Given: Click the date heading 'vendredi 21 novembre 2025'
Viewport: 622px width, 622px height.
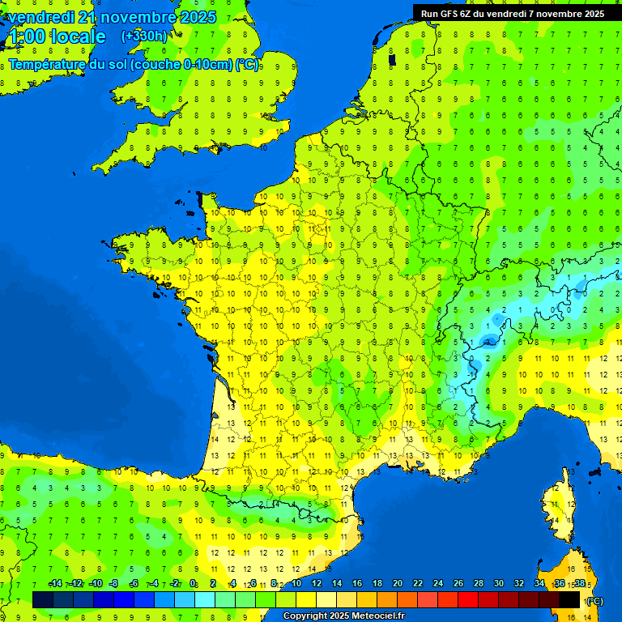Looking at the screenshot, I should tap(112, 17).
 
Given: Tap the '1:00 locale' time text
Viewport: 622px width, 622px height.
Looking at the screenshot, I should tap(56, 36).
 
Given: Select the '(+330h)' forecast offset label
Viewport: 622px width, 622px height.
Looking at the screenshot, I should tap(144, 36).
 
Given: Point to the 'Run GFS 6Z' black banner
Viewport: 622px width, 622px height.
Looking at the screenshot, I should tap(513, 14).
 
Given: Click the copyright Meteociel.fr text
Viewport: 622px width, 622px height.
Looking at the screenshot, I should tap(343, 616).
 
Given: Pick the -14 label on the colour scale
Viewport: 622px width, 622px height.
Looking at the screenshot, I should tap(56, 583).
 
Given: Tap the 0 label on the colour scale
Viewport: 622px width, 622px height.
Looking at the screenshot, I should tap(193, 583).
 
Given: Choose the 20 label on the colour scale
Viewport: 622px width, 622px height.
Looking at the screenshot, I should tap(398, 583).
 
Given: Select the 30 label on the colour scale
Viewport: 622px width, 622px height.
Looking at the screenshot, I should tap(499, 583).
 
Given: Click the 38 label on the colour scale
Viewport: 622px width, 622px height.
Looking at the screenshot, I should tap(579, 583).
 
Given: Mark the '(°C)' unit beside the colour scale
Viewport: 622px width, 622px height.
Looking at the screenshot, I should tap(594, 600).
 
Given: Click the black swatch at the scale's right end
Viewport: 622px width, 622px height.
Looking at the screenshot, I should tap(569, 599).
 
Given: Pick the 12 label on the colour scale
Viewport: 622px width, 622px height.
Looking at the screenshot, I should tap(317, 583).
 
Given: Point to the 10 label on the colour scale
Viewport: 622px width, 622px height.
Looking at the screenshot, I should tap(296, 583).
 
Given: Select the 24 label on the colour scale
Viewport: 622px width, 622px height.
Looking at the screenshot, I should tap(438, 583).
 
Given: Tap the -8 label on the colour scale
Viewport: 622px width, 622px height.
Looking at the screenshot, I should tap(114, 583).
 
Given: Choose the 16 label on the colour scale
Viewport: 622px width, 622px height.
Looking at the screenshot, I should tap(357, 583).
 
